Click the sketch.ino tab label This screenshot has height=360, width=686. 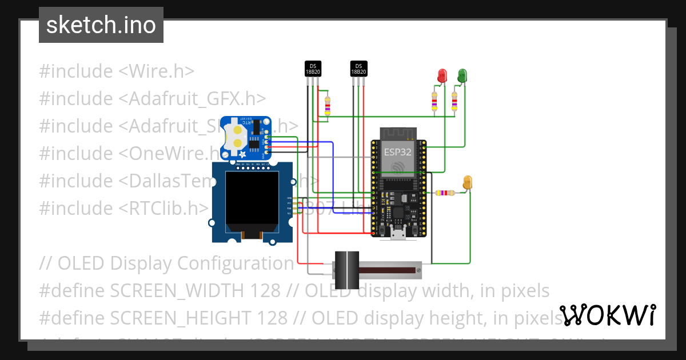coord(101,25)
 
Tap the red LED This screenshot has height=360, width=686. coord(442,75)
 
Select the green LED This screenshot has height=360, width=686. coord(462,75)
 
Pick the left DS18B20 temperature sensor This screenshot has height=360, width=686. coord(313,69)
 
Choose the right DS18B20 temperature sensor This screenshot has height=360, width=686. coord(358,69)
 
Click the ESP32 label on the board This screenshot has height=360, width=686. coord(397,152)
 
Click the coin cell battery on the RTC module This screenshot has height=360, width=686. coord(236,137)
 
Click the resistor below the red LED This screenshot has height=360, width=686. coord(434,102)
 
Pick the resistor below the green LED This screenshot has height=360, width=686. coord(454,102)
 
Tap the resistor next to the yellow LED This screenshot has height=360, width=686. coord(446,193)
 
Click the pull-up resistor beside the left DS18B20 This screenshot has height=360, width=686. coord(327,106)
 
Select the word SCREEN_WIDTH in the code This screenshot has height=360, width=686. coord(195,291)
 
